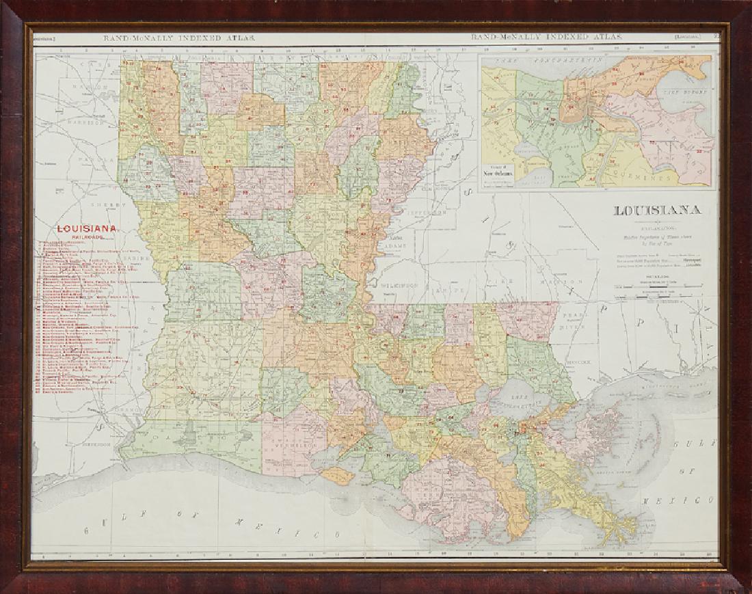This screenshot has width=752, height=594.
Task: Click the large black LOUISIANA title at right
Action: click(656, 211)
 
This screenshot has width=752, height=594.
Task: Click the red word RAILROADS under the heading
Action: click(89, 239)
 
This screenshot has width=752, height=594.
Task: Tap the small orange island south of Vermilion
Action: click(334, 475)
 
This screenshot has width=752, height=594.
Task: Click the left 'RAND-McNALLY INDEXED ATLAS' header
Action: click(180, 39)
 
